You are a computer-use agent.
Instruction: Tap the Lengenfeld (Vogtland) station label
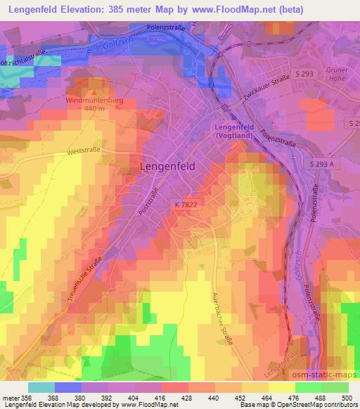(x=232, y=130)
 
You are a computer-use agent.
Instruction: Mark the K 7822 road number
(x=188, y=203)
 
